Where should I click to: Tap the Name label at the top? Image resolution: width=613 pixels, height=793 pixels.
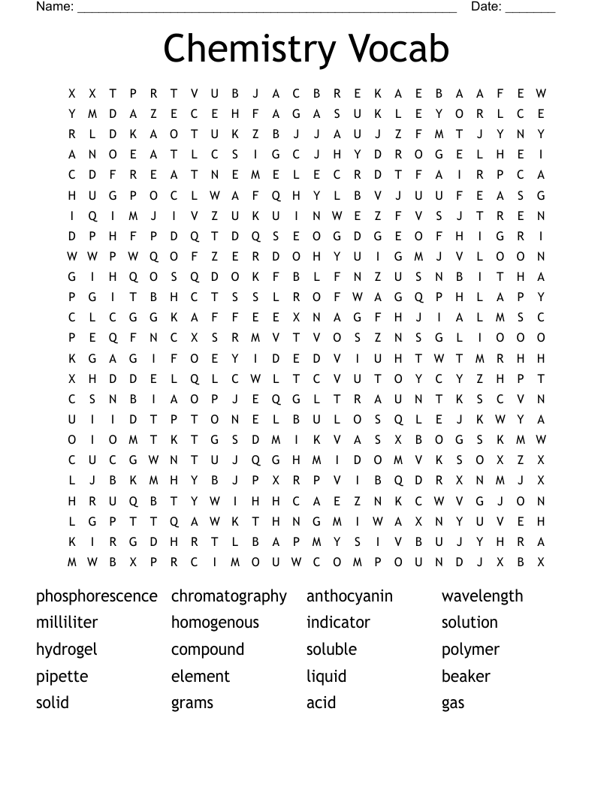55,7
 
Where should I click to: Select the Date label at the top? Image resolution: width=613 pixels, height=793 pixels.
487,7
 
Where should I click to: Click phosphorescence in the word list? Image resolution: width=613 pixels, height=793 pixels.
97,596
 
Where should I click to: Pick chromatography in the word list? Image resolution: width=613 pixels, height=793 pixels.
229,596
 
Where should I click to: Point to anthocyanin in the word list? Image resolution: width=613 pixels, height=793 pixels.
349,596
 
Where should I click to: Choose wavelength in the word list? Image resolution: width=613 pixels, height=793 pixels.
482,596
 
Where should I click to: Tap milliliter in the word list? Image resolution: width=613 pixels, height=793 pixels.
67,623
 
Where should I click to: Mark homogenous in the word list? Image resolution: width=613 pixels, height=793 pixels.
215,623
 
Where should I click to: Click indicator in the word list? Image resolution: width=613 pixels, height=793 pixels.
338,623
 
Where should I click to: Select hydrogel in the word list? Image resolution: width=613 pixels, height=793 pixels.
67,650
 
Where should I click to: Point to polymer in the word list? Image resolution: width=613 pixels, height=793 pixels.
470,650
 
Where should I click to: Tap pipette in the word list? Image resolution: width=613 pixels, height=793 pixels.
62,677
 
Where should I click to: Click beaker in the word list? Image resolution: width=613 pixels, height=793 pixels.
466,677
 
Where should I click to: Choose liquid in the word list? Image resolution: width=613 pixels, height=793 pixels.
326,677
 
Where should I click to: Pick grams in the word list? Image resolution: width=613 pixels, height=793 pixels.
192,704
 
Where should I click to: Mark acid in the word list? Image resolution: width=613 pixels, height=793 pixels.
321,704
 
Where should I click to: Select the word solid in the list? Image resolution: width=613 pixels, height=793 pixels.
53,703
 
